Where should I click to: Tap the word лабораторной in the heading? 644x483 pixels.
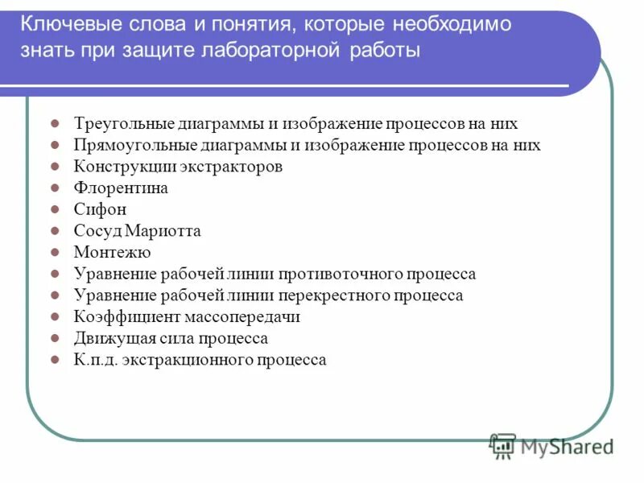(x=279, y=52)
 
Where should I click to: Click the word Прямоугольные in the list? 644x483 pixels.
(x=128, y=146)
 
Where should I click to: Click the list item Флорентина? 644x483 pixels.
(x=121, y=188)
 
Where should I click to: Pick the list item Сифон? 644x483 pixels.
(x=100, y=209)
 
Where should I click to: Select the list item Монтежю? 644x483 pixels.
(x=112, y=253)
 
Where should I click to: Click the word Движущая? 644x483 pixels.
(x=109, y=339)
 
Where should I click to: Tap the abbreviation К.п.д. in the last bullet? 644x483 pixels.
(x=95, y=360)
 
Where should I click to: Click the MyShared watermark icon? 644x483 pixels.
(x=503, y=445)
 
